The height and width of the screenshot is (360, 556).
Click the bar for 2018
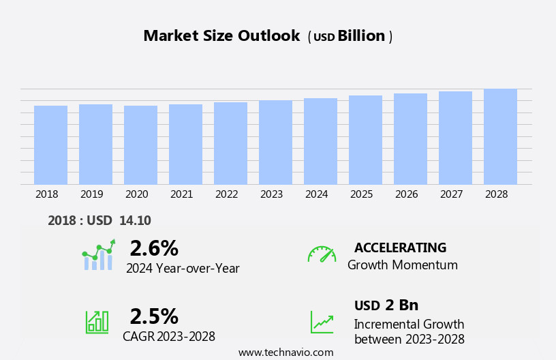coord(50,145)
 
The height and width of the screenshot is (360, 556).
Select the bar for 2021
coord(185,144)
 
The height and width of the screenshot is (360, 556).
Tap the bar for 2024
coord(320,141)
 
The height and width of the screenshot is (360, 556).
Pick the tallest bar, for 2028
coord(500,136)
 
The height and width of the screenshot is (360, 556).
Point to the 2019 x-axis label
coord(92,194)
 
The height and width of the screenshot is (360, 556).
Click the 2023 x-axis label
coord(271,194)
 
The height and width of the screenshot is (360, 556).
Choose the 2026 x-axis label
coord(406,194)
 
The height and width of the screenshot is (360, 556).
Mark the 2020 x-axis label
coord(136,194)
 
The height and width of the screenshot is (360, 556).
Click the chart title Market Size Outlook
coord(221,36)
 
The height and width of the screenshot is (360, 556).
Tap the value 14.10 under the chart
coord(135,220)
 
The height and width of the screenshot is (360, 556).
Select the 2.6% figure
coord(154,248)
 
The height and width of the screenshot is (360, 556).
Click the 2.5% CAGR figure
coord(154,316)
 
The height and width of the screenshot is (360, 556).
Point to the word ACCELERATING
coord(400,247)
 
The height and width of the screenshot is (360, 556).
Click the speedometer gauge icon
coord(322,254)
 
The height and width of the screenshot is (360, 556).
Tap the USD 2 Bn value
coord(386,305)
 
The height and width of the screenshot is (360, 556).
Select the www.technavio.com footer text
coord(285,352)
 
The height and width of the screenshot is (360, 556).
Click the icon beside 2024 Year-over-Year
coord(98,255)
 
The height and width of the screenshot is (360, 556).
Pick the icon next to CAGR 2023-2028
coord(97,321)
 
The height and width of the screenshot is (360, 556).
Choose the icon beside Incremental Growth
coord(322,322)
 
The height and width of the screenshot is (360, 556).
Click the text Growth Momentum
coord(402,265)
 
